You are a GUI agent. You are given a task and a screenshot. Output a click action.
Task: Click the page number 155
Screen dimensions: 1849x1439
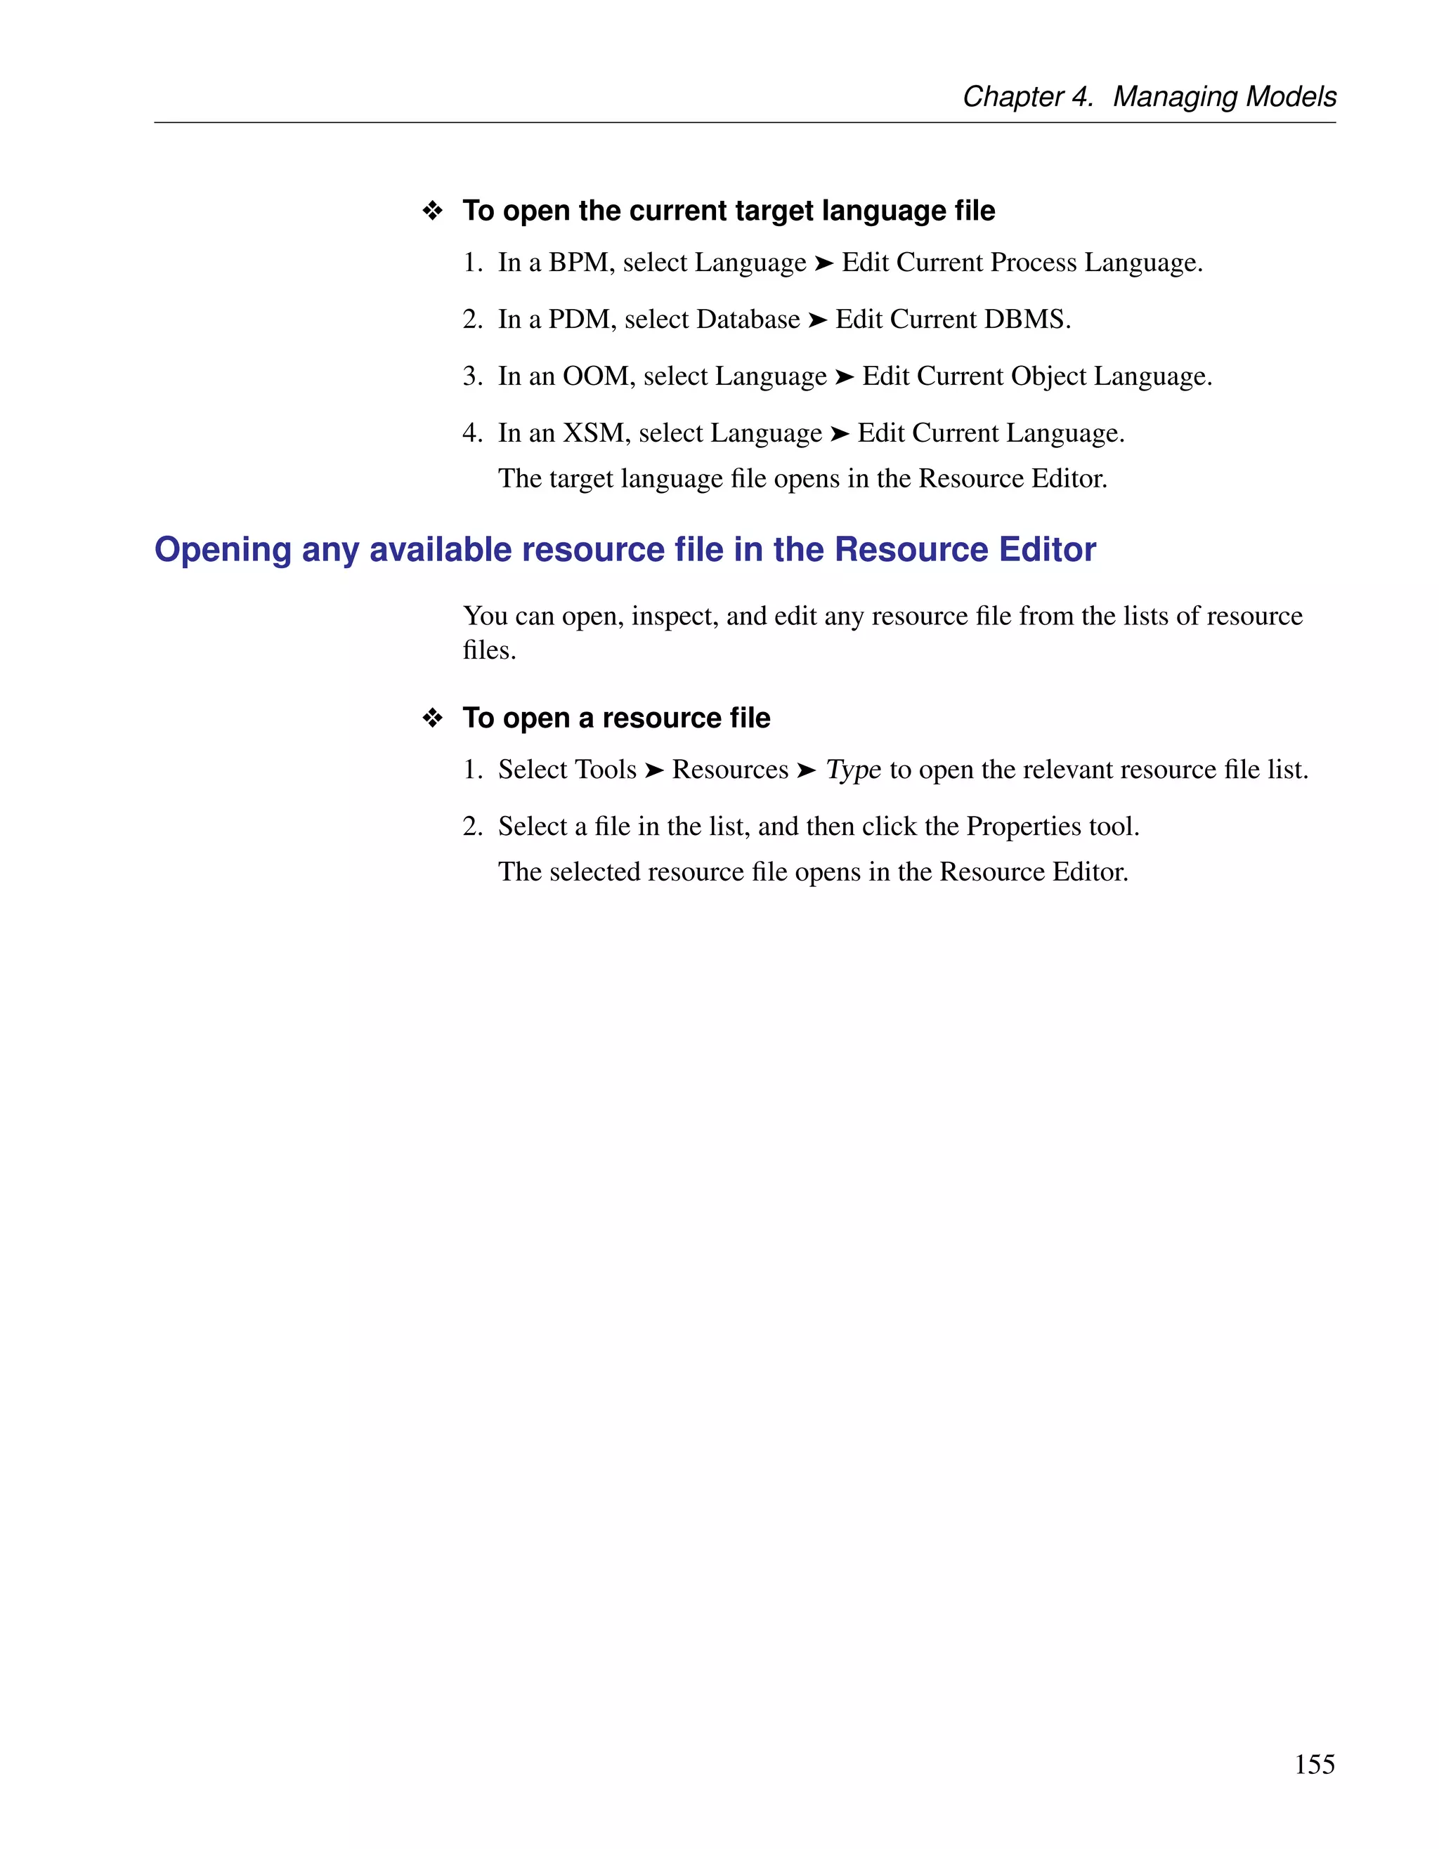(x=1314, y=1763)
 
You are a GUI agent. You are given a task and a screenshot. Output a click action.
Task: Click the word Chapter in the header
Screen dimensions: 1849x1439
(x=1012, y=96)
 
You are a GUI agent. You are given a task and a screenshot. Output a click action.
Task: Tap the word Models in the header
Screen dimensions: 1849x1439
(x=1291, y=96)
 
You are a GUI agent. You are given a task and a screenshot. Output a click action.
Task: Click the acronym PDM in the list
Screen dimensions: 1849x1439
(x=580, y=320)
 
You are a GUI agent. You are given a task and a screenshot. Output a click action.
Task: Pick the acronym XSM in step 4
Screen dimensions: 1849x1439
(x=594, y=433)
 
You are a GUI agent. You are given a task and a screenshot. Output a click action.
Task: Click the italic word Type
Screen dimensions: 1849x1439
(x=853, y=770)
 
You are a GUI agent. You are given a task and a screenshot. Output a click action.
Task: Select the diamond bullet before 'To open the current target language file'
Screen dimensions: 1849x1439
(x=433, y=211)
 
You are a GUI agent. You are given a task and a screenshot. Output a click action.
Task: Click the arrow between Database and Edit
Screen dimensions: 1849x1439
(x=817, y=320)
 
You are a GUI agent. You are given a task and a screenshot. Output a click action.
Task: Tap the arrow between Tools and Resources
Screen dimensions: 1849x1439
(x=654, y=770)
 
